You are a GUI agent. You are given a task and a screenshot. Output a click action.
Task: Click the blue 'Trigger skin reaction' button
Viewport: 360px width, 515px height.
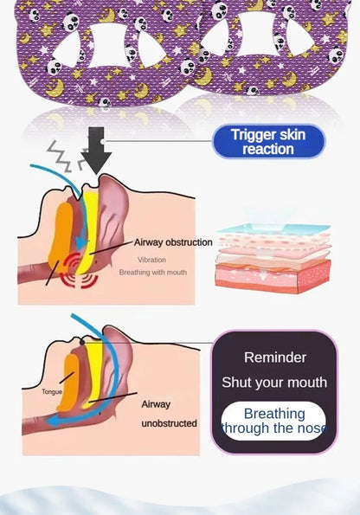268,142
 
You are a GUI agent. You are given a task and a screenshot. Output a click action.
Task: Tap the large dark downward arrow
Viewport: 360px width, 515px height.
96,151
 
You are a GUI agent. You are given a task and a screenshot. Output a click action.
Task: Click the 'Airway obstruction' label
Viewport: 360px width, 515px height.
173,242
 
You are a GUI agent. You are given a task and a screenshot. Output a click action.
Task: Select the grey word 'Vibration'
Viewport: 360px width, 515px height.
151,260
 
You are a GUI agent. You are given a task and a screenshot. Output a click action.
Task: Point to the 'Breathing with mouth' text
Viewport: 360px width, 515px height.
153,273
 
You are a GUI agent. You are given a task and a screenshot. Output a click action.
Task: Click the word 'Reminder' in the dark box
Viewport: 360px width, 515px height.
275,357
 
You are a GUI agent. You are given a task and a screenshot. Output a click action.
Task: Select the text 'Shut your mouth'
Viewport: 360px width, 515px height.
274,383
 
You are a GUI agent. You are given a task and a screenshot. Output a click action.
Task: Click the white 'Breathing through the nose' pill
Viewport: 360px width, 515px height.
273,421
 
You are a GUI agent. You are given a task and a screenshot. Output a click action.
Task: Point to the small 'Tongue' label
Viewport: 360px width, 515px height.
52,391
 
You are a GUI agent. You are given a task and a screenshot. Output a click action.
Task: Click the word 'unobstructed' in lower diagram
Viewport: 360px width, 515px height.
169,423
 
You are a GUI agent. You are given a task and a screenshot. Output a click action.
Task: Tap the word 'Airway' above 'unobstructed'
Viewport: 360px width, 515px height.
156,404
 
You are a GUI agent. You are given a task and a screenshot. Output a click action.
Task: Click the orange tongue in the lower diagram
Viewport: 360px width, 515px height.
70,383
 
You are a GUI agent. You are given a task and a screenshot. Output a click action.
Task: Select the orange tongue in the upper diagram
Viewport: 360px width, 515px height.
61,236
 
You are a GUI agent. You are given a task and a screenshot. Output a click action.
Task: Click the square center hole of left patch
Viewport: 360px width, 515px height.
108,45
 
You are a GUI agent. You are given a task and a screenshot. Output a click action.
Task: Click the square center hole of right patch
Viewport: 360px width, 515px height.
259,35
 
